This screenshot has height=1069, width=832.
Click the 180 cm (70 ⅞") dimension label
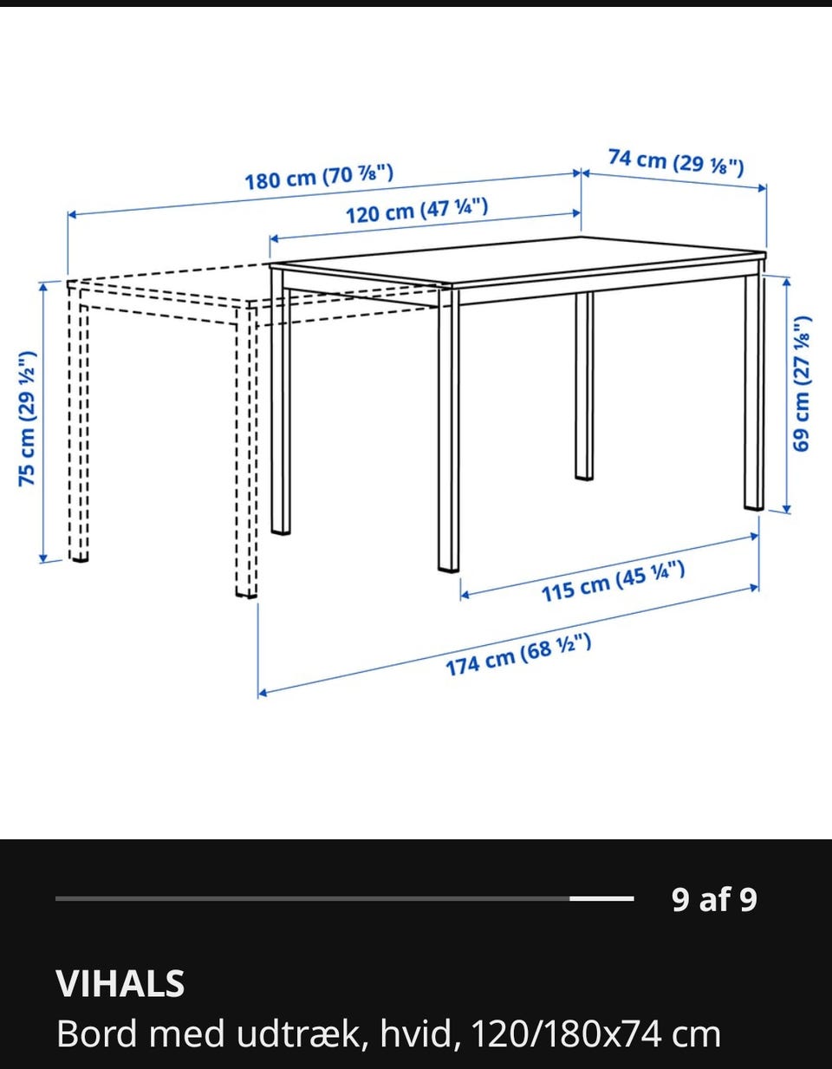319,177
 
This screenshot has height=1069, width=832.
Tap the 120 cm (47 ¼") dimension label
417,211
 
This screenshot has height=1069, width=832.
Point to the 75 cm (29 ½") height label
28,419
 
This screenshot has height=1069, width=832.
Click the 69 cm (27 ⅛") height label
802,384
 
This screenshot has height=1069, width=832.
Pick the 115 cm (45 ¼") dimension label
613,582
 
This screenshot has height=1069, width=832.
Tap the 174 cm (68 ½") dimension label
518,655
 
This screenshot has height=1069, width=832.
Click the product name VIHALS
120,983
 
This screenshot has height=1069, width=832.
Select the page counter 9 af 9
714,899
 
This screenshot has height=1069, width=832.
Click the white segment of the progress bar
601,899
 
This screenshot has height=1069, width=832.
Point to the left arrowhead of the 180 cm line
72,214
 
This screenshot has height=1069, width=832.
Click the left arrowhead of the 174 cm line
263,693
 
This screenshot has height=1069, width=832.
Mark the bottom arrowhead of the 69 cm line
786,509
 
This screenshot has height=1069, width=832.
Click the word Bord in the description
96,1033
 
